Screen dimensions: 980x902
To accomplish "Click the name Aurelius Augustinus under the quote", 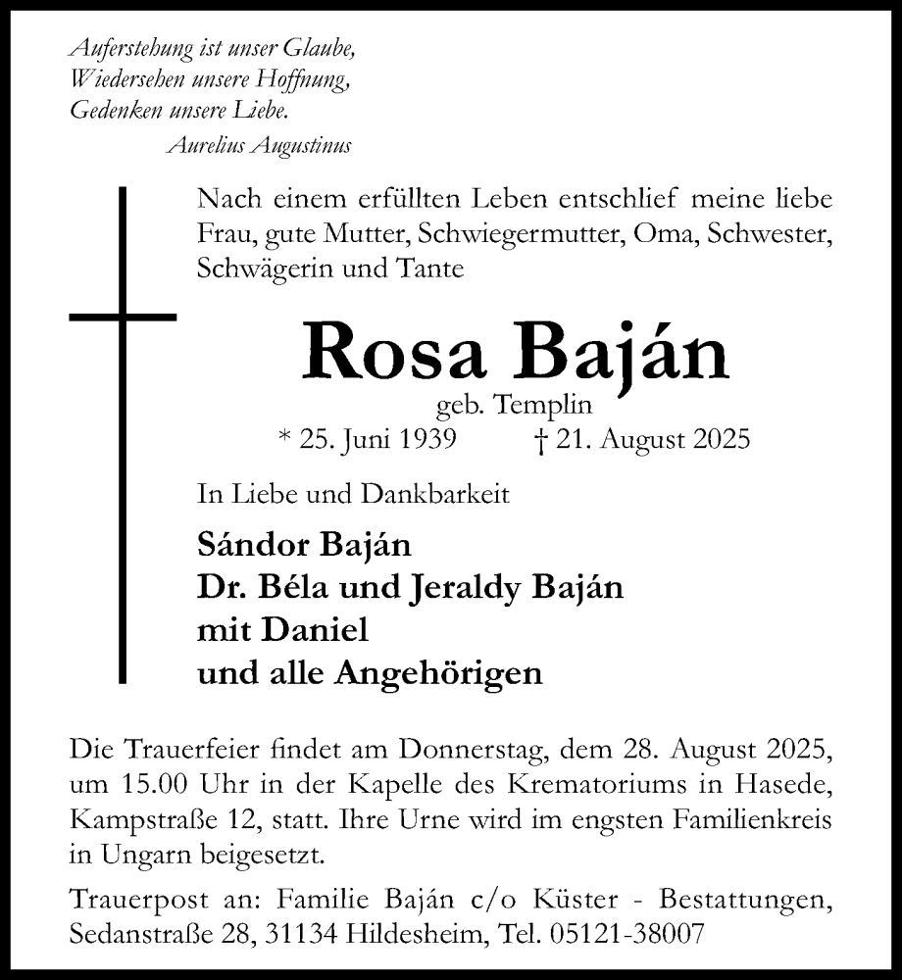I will [x=260, y=146].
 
